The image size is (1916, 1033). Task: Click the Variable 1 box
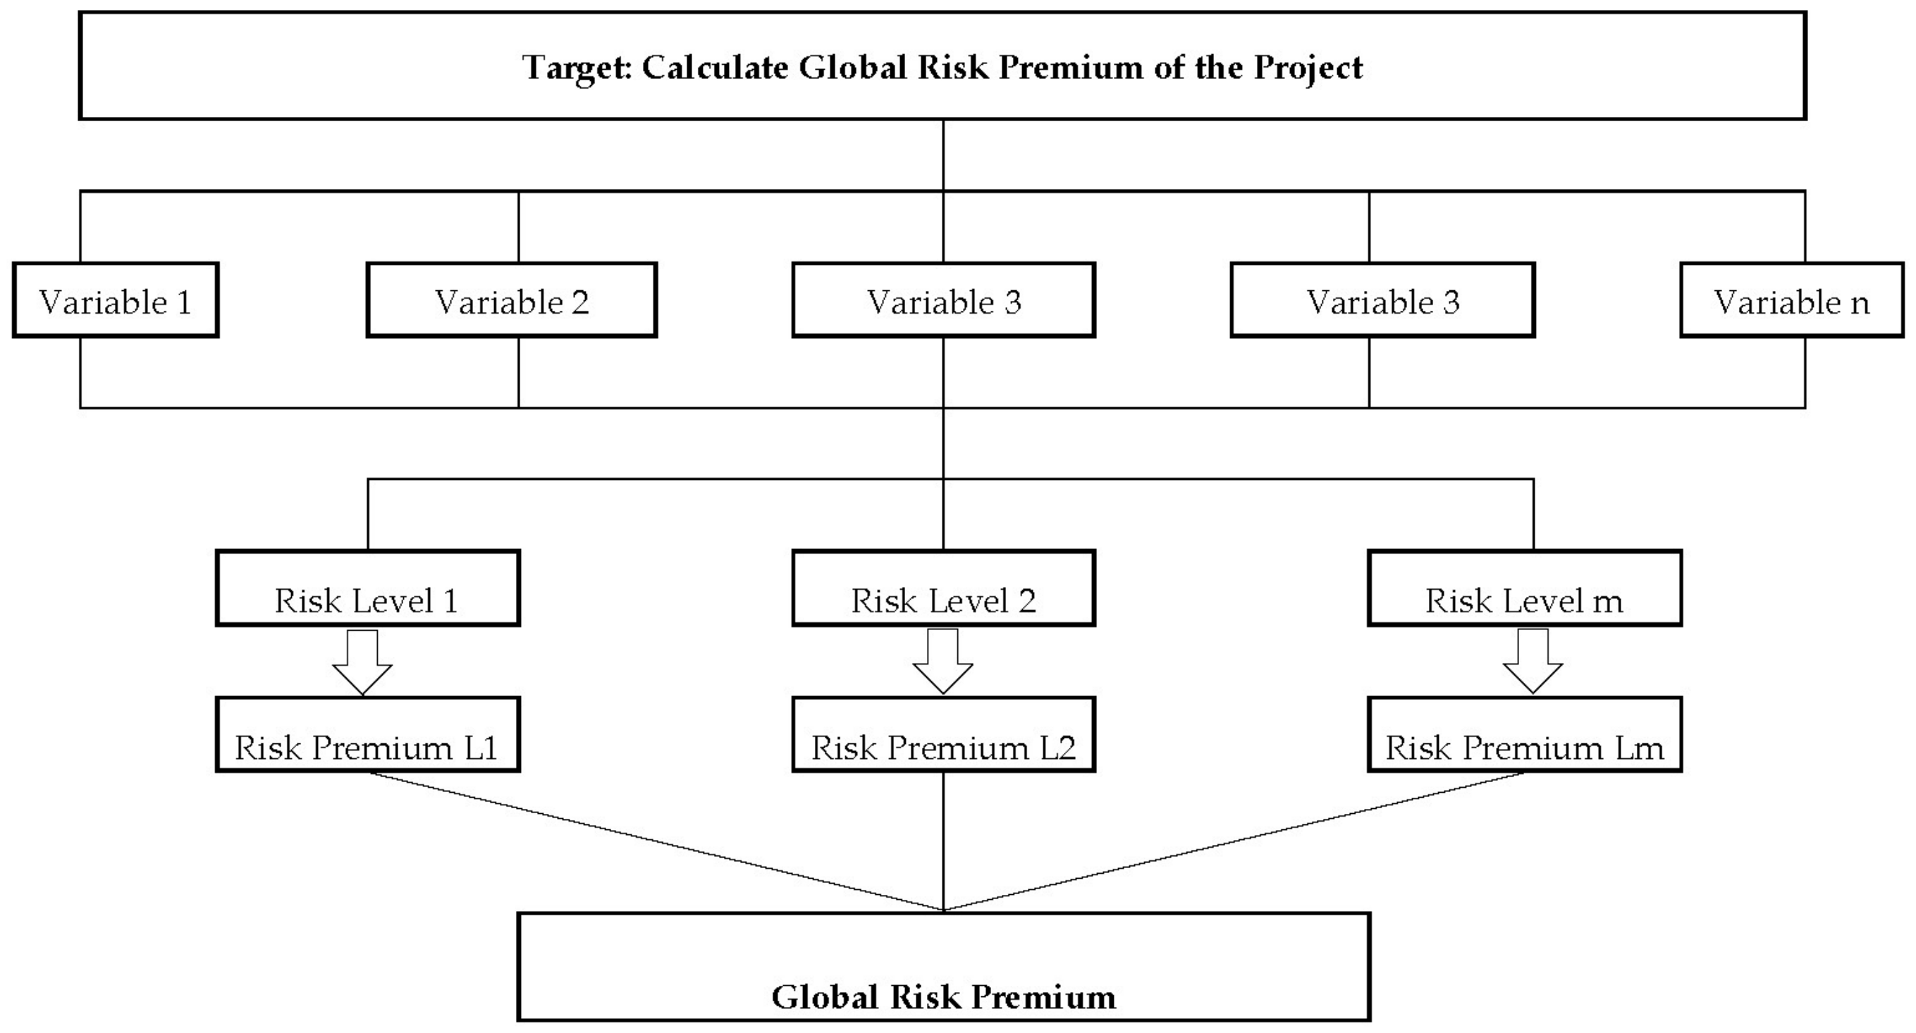(116, 300)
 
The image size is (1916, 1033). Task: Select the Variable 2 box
(512, 300)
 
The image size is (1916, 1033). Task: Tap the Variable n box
(1792, 300)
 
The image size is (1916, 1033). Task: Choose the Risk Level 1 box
(367, 588)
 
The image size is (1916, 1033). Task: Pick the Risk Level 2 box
(943, 588)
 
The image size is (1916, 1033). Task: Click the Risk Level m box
(1525, 588)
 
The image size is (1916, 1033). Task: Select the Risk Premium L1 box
(367, 735)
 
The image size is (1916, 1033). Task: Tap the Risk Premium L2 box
(943, 735)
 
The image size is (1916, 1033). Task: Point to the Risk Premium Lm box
(1525, 735)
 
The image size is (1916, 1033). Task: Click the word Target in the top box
(577, 68)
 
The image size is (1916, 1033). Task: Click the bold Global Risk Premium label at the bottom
(943, 997)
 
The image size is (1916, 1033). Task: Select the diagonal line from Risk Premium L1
(655, 841)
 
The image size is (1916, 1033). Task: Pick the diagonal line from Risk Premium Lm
(1235, 841)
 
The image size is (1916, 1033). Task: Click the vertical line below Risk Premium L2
(943, 841)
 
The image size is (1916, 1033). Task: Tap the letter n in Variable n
(1860, 304)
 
